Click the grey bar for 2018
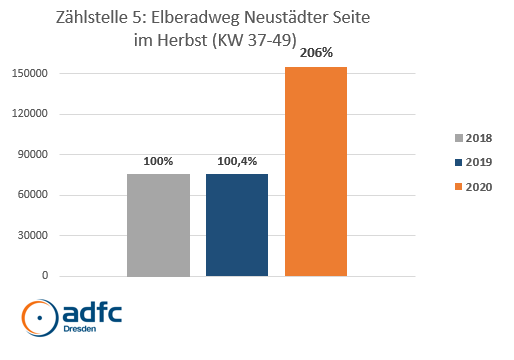pyautogui.click(x=158, y=225)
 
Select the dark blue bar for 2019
pyautogui.click(x=237, y=225)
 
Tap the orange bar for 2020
pyautogui.click(x=316, y=171)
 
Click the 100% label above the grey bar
pyautogui.click(x=158, y=159)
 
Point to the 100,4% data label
pyautogui.click(x=237, y=159)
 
